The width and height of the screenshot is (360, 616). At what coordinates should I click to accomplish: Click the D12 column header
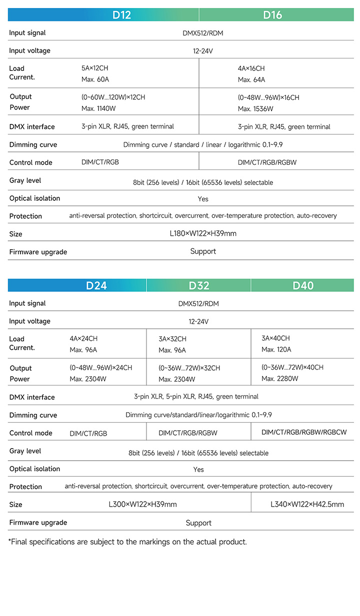(x=121, y=14)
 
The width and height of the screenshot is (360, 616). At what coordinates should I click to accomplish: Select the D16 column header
(x=272, y=14)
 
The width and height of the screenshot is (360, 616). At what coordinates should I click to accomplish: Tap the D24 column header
(x=96, y=285)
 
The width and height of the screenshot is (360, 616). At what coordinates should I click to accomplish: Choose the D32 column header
(x=199, y=285)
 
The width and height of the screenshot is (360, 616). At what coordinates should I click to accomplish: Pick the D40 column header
(x=303, y=285)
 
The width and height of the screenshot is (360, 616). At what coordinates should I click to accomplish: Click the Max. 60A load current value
(x=95, y=79)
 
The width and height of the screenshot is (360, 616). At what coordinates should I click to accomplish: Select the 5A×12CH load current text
(x=95, y=68)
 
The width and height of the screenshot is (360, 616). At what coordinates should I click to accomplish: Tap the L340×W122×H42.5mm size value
(x=307, y=504)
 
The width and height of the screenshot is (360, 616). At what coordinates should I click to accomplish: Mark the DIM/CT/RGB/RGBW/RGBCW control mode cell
(x=304, y=432)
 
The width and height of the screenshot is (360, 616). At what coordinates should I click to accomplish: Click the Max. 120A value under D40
(x=276, y=349)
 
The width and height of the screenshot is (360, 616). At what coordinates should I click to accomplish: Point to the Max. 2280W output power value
(x=280, y=378)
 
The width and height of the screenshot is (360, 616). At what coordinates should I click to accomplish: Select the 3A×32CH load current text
(x=172, y=339)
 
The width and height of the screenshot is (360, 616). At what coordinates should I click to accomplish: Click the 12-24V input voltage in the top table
(x=203, y=51)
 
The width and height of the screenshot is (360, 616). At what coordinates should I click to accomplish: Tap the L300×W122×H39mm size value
(x=142, y=504)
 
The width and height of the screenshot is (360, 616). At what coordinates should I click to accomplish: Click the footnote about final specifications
(x=128, y=542)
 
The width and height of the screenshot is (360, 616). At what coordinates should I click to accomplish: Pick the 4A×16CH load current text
(x=251, y=68)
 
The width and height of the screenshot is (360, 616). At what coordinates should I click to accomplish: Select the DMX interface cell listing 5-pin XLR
(x=196, y=397)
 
